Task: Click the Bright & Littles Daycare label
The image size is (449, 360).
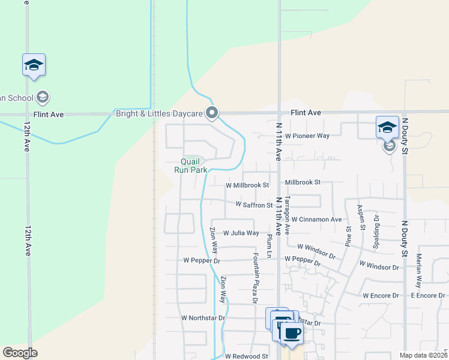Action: (158, 113)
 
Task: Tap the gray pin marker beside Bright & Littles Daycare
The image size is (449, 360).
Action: (211, 112)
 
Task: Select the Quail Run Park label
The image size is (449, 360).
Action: (190, 166)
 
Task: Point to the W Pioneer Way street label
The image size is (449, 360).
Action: (307, 136)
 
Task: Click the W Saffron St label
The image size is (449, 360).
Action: (254, 205)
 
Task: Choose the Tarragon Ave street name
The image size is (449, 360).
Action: (287, 214)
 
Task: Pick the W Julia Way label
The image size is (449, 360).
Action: (241, 233)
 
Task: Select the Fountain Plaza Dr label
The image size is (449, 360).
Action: (255, 277)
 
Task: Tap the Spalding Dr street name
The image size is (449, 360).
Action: (377, 227)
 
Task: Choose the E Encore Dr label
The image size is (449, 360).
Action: (428, 296)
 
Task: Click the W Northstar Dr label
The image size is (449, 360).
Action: (203, 318)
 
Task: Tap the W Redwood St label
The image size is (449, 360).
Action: (247, 356)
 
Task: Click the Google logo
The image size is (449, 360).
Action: (20, 353)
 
